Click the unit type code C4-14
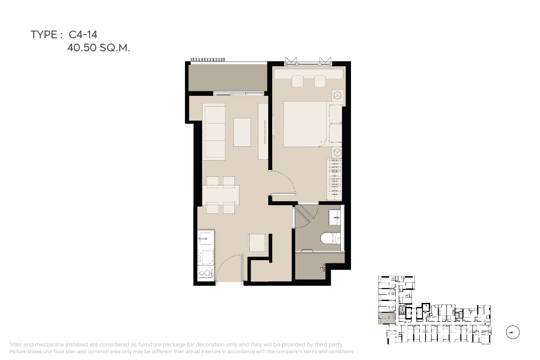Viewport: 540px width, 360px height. click(83, 35)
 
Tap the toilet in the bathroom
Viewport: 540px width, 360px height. click(330, 238)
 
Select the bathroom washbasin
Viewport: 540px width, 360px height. click(335, 217)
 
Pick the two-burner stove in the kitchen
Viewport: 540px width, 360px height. click(205, 273)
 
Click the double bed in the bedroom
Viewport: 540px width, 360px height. click(305, 124)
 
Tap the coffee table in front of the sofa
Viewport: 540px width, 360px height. click(242, 132)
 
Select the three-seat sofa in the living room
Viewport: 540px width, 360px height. click(214, 132)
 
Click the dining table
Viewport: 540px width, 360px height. click(221, 195)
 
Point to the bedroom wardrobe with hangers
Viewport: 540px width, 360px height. click(334, 180)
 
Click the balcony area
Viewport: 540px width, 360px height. click(228, 78)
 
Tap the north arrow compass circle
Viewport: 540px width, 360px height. click(513, 332)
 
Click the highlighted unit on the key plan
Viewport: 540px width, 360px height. click(387, 318)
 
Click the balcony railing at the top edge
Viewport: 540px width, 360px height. click(208, 59)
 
